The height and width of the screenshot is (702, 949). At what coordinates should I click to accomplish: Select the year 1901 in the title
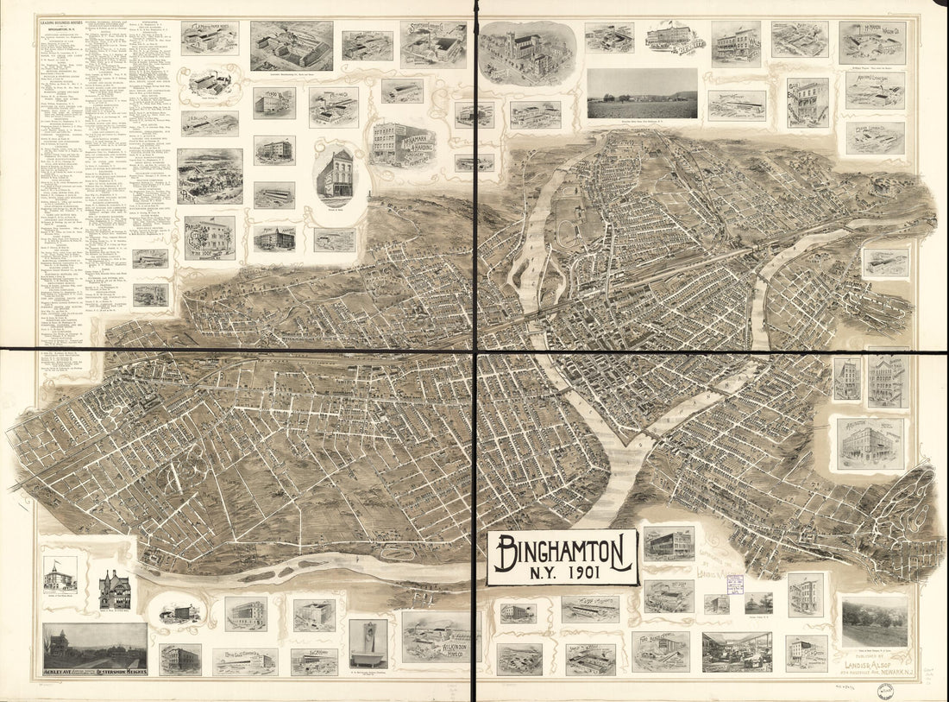coord(562,572)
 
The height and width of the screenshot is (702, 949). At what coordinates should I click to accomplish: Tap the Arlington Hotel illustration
coord(870,444)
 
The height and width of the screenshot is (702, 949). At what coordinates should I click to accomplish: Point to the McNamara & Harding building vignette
coord(403,144)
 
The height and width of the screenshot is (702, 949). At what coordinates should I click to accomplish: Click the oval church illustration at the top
coord(527,53)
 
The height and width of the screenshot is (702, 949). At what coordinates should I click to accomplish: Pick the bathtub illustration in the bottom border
coord(368,643)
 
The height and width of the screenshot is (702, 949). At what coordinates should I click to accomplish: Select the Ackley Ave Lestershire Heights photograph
coord(95,648)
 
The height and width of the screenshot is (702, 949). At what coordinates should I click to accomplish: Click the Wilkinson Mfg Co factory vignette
coord(436,636)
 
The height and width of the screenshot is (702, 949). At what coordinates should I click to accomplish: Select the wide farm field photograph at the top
coord(642,94)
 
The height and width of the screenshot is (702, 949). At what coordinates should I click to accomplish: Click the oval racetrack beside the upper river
coord(568,232)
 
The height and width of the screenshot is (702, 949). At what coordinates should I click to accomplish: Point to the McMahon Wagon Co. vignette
coord(872,42)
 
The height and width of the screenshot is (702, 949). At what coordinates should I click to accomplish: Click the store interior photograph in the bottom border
coord(736,652)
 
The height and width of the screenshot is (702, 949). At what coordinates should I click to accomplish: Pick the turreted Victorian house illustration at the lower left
coord(114,590)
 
